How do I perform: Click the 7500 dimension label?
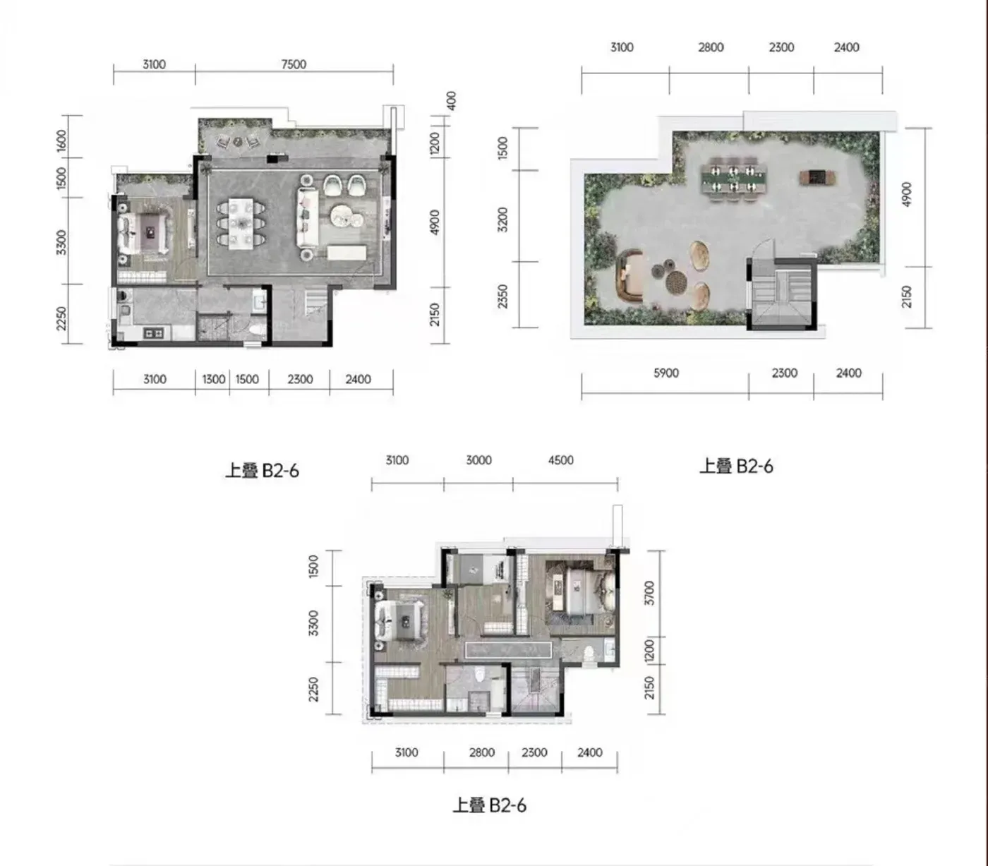tap(294, 64)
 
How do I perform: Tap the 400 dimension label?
tap(452, 100)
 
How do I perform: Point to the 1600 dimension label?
tap(61, 141)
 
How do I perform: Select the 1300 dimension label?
tap(214, 379)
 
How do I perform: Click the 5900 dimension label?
tap(666, 373)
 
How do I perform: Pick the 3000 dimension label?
tap(478, 460)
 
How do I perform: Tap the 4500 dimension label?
tap(560, 460)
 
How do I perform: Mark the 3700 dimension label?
tap(649, 593)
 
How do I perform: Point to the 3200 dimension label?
tap(502, 219)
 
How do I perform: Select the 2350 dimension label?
tap(502, 296)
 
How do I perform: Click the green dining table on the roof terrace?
tap(734, 179)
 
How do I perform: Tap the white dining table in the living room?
tap(241, 222)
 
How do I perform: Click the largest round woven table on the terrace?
tap(676, 282)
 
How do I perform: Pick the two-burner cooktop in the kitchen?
tap(154, 333)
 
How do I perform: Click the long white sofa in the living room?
tap(308, 217)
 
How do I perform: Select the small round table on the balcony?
tap(238, 142)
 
